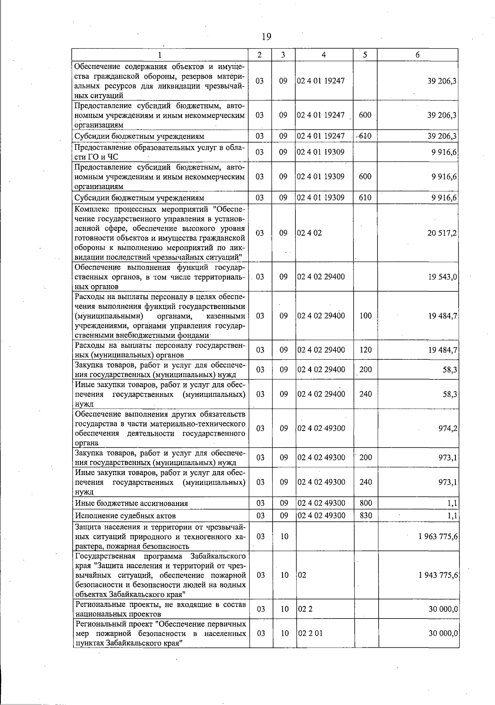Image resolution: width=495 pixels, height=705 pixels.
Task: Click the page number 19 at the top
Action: (266, 37)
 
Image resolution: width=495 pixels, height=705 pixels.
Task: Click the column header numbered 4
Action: (324, 55)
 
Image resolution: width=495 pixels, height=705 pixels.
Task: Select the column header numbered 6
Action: (417, 55)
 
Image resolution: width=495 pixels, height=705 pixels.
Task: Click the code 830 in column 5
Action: (365, 515)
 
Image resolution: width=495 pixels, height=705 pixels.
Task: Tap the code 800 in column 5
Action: (365, 503)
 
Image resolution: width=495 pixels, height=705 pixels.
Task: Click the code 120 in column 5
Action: (365, 350)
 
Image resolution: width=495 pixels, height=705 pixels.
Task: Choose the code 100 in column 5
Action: (365, 316)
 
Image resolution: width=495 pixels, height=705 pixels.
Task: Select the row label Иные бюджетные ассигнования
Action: (131, 504)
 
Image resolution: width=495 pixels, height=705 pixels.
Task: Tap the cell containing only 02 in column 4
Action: (302, 575)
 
